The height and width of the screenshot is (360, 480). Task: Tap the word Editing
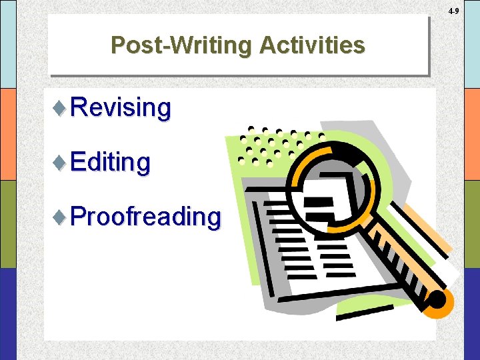coord(110,161)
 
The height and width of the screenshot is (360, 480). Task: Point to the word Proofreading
coord(145,217)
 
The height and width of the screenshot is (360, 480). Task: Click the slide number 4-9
coord(453,11)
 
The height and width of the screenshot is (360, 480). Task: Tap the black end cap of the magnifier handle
coord(436,301)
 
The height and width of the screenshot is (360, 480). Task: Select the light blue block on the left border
coord(8,44)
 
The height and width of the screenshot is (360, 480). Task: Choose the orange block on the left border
coord(8,134)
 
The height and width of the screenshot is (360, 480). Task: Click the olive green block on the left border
coord(8,224)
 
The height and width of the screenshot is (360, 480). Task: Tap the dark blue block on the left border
coord(8,313)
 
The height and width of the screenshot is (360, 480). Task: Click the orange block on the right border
coord(471,134)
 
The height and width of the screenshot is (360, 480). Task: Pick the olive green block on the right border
coord(471,224)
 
